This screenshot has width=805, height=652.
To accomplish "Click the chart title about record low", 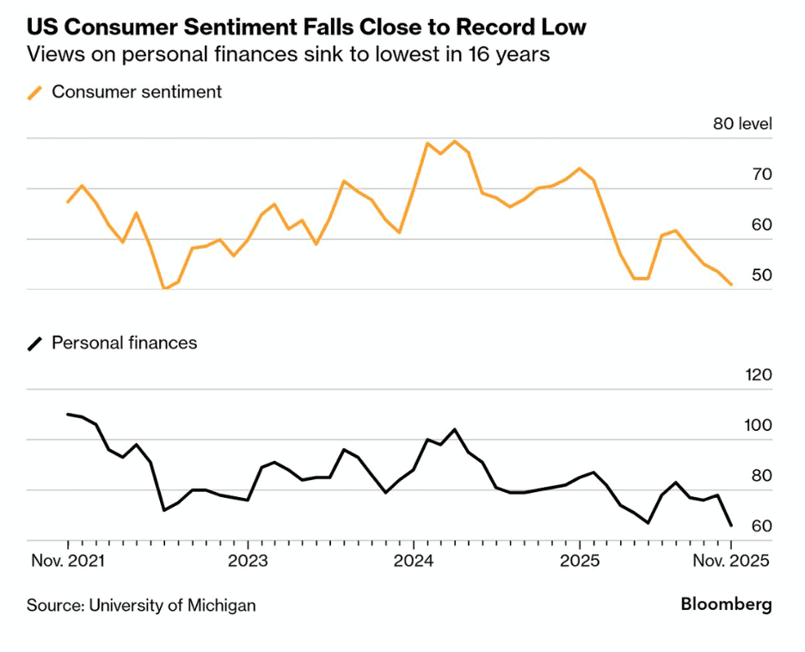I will (306, 27).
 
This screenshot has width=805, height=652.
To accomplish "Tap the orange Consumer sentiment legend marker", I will (34, 92).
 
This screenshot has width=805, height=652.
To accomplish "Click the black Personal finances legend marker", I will (34, 343).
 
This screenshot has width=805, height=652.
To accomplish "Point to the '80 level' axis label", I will (742, 124).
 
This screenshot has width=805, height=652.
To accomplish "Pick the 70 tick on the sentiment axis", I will (761, 175).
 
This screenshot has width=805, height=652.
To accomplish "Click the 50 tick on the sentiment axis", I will (761, 275).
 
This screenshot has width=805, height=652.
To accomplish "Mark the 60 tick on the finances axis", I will (761, 526).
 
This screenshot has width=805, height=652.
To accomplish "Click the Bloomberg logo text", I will (726, 604).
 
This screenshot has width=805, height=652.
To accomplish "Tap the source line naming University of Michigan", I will (141, 605).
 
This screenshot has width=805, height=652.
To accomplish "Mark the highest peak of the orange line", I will (455, 141).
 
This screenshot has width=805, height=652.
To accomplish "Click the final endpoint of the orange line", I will (731, 285).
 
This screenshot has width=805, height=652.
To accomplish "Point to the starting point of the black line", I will (67, 414).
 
